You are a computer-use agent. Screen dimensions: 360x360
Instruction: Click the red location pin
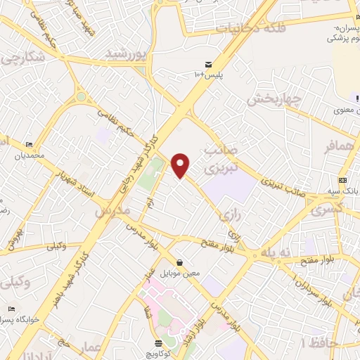tap(181, 165)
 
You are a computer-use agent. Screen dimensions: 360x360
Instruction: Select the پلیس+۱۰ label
tap(207, 74)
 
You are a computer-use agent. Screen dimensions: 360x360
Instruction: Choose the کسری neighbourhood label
tap(326, 209)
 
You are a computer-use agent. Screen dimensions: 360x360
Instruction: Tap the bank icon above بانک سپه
tap(342, 181)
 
